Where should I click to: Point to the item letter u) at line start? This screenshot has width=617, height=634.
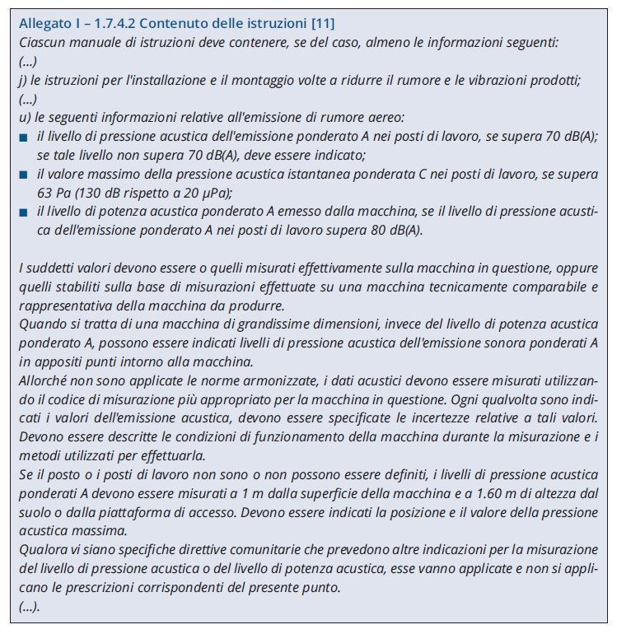23,117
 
